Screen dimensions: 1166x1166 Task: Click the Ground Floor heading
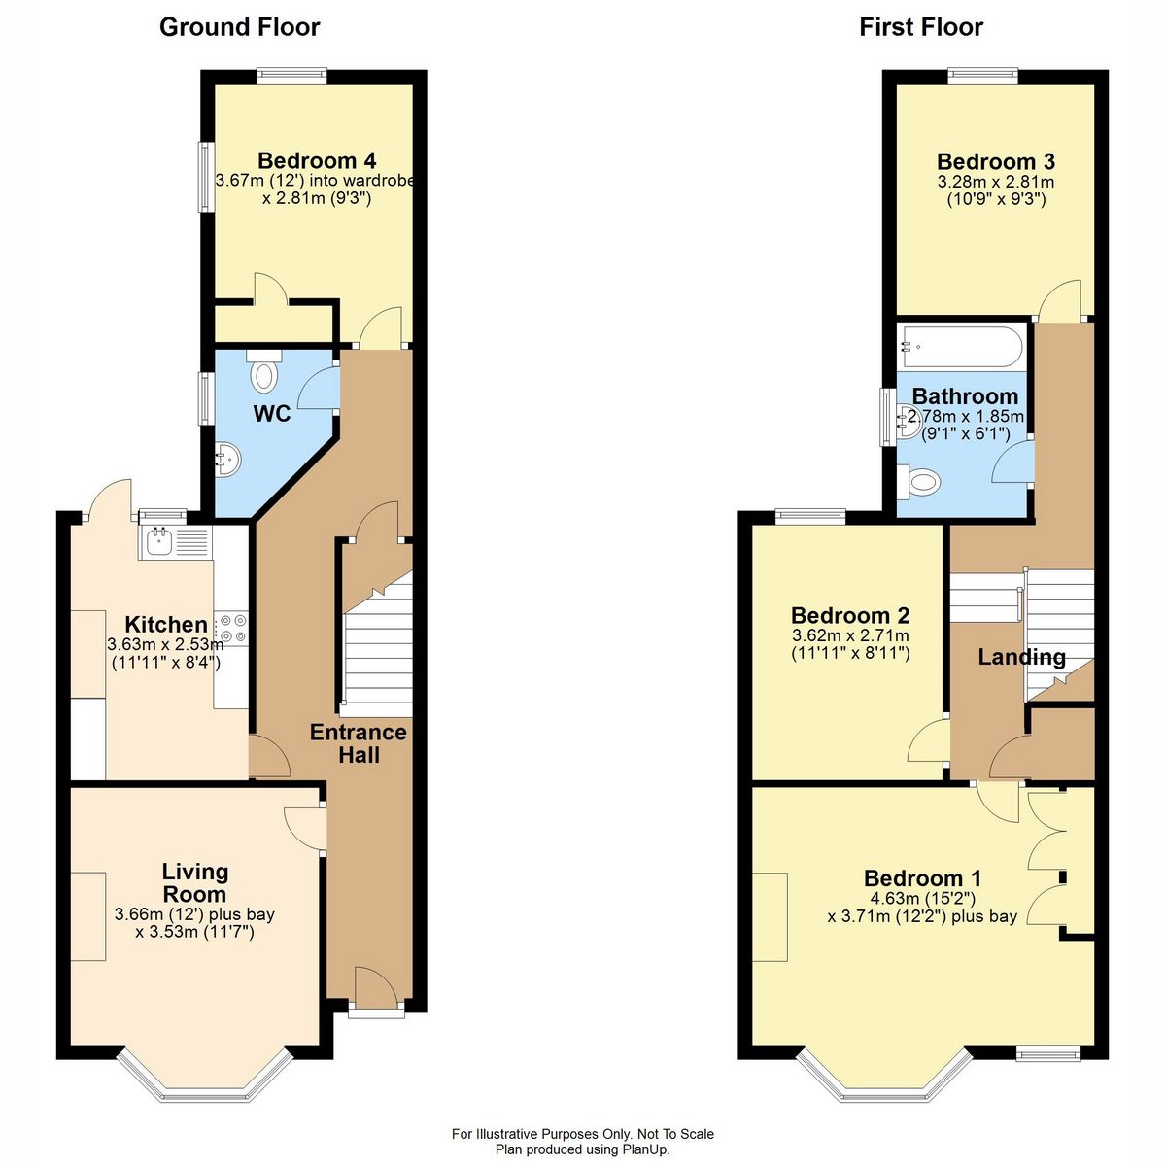tap(239, 27)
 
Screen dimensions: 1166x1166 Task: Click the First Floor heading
tap(920, 27)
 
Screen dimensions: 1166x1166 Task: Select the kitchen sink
tap(158, 540)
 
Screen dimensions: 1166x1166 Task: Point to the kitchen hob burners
tap(231, 629)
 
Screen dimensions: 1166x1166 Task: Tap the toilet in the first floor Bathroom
tap(918, 480)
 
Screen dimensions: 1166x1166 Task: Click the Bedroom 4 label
tap(317, 161)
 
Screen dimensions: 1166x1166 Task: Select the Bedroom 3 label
tap(995, 162)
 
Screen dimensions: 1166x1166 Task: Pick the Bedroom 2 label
tap(849, 615)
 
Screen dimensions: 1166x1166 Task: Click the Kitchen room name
tap(165, 624)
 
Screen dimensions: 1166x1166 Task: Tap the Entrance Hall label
tap(358, 743)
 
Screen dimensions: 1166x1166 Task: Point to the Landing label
tap(1020, 657)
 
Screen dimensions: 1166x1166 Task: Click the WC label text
tap(271, 414)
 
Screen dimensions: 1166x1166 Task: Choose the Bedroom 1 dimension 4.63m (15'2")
tap(921, 899)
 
